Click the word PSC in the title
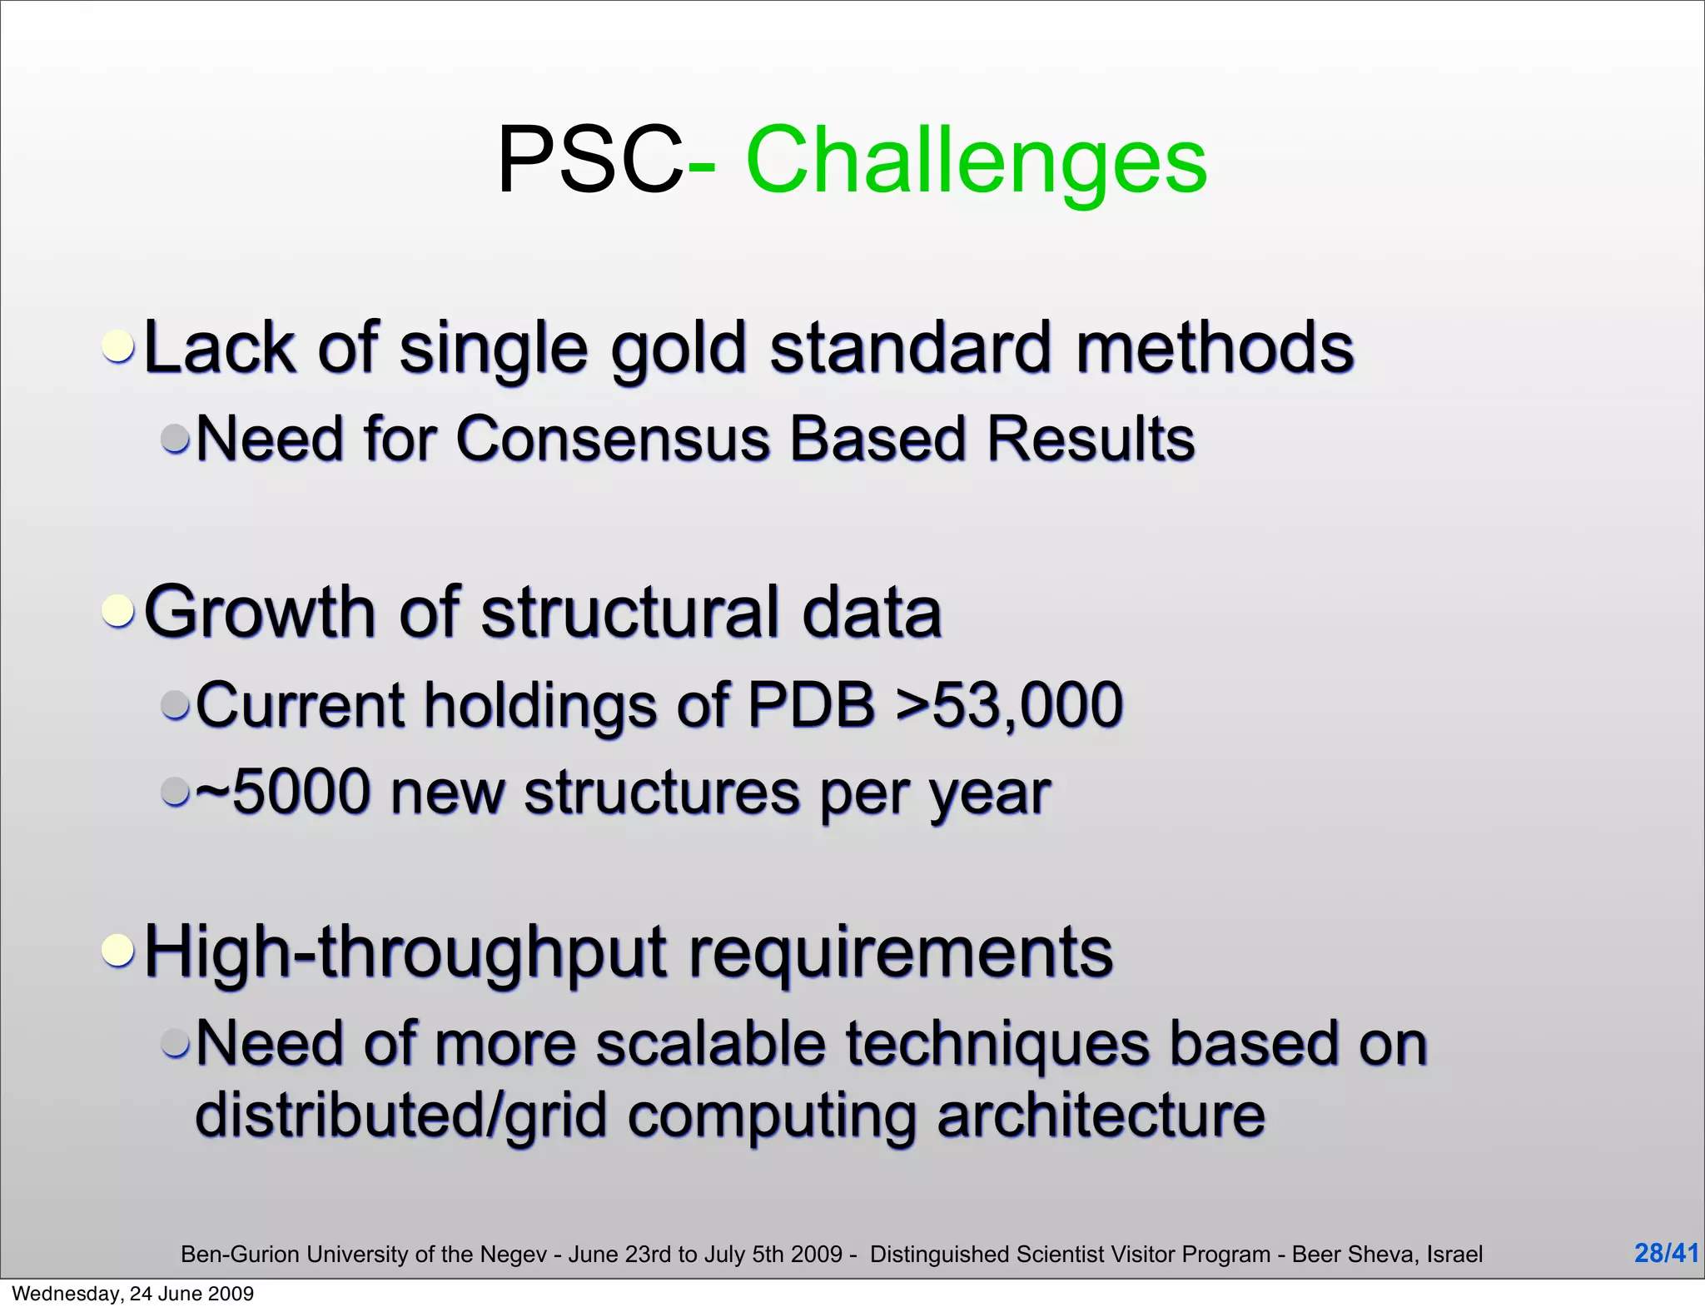coord(589,160)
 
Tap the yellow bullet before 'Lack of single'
coord(118,345)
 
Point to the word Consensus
coord(613,440)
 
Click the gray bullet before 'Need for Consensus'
coord(176,437)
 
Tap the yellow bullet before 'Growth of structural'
coord(118,611)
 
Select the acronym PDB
coord(811,705)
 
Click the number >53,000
coord(1009,705)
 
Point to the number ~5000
coord(283,792)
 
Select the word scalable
coord(710,1044)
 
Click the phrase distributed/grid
coord(400,1116)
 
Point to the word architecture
coord(1101,1116)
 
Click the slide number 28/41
coord(1666,1253)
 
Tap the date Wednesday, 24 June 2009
coord(133,1294)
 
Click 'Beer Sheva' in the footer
coord(1353,1255)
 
